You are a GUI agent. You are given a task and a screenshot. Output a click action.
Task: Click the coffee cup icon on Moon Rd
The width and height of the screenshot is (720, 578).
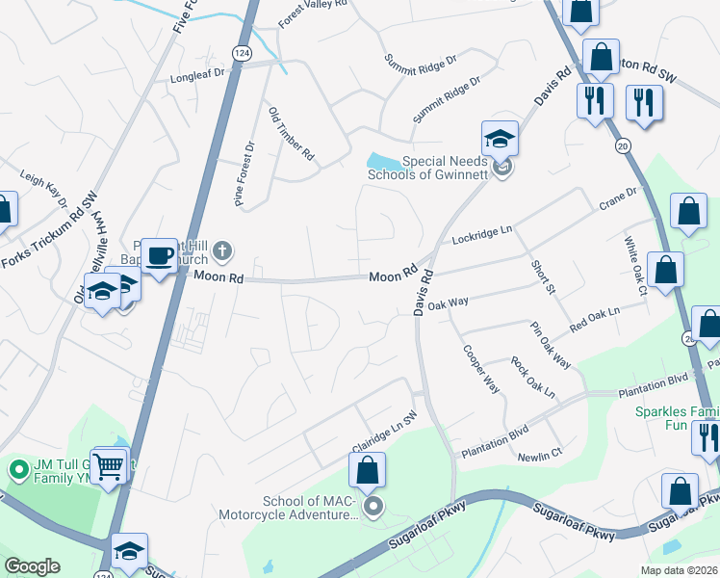tap(160, 255)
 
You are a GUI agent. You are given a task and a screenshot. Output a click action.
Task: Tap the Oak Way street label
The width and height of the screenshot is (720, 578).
tap(448, 303)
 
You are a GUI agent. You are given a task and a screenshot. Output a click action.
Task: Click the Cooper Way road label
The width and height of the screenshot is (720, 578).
tap(480, 369)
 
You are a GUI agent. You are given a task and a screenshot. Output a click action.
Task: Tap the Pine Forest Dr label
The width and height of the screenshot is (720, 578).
tap(244, 175)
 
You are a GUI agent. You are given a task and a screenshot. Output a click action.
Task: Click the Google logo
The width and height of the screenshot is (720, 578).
tap(32, 566)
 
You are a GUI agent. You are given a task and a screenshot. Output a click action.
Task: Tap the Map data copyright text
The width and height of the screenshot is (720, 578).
tap(679, 570)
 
